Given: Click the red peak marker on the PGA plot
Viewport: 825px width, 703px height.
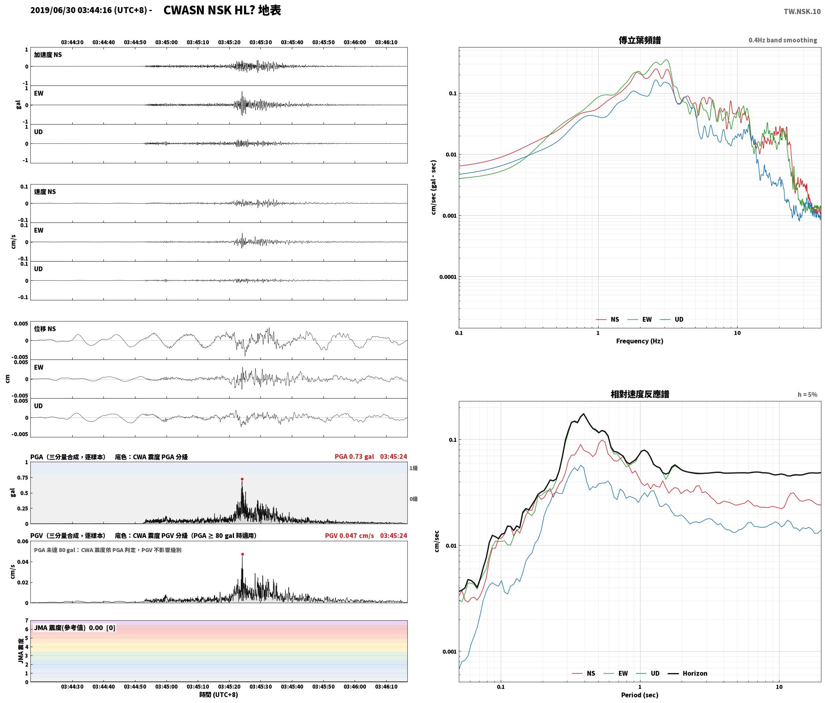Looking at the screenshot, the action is (x=242, y=479).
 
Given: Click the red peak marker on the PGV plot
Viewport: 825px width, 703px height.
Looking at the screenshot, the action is (x=242, y=554).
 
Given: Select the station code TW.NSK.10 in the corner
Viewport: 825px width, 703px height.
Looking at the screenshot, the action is (x=802, y=12).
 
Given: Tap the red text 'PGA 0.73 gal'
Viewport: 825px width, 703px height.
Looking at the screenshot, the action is (x=354, y=457).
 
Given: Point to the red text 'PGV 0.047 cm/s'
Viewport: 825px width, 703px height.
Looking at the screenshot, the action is (x=349, y=536).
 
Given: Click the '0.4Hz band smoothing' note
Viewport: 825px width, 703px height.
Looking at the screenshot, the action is (x=783, y=40).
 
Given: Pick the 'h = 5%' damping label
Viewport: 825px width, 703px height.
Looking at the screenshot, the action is (x=807, y=395).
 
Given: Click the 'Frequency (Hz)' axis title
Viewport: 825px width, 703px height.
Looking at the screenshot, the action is (x=639, y=341).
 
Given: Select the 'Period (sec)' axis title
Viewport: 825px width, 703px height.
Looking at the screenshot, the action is (x=639, y=695).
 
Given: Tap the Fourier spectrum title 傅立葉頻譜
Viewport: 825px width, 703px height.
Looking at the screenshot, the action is (x=639, y=40).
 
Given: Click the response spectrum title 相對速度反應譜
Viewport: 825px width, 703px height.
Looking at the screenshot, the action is (x=640, y=394).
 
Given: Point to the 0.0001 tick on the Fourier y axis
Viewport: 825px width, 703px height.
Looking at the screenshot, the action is (x=448, y=277).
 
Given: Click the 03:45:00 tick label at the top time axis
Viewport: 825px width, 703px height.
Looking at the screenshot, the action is (x=167, y=42).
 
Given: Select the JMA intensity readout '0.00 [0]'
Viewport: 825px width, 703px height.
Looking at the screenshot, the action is (x=102, y=628).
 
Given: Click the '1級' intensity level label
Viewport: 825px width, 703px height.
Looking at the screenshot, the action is (x=413, y=468).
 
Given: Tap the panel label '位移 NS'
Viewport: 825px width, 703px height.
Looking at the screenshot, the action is (x=45, y=329).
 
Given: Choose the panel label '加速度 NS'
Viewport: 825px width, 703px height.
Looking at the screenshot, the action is (x=48, y=55).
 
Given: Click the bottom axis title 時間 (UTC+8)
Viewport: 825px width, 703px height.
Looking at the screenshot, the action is (x=219, y=695).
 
